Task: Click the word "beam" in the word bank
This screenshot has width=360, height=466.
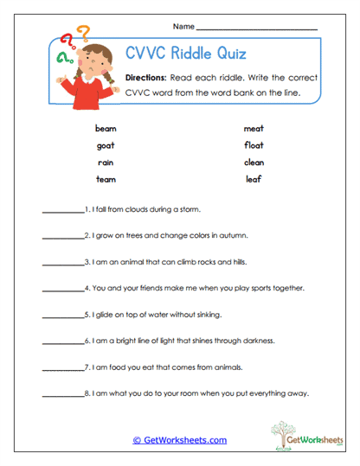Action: [106, 128]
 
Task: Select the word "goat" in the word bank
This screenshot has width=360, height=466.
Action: [106, 145]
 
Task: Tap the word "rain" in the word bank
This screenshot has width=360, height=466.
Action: [106, 162]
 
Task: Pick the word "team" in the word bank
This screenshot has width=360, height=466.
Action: [106, 179]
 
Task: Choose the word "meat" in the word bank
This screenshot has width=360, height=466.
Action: [254, 128]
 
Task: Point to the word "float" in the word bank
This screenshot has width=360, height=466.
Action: [254, 145]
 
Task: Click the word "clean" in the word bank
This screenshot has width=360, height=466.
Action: [254, 162]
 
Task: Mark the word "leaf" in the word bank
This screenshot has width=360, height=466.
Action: [254, 179]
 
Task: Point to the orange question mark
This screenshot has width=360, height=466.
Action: [83, 35]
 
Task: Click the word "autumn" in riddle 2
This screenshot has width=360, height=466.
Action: [233, 235]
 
